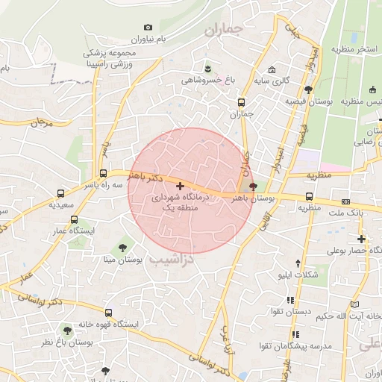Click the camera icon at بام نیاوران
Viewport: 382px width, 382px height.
coord(148,28)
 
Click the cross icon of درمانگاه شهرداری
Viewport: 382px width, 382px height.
coord(180,185)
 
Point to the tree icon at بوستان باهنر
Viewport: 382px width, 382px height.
coord(253,187)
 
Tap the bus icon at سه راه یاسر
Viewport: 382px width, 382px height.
coord(104,172)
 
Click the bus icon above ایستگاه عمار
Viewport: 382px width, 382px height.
coord(74,219)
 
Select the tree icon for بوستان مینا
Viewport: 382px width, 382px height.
coord(122,247)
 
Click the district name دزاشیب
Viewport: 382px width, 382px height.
coord(172,259)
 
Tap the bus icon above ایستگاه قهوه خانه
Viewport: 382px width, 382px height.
coord(109,313)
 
